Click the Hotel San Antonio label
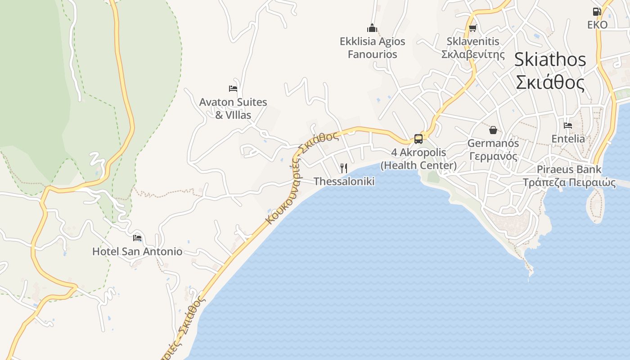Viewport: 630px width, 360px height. pos(137,251)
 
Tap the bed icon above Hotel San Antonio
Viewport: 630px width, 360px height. pos(137,238)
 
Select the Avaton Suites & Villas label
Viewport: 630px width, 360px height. pos(233,108)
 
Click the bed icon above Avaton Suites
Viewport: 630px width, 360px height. pos(233,88)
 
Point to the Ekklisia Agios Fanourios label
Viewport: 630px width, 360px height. pos(372,48)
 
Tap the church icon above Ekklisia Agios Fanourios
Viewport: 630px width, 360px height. pos(372,28)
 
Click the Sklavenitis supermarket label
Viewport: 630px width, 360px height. pos(473,48)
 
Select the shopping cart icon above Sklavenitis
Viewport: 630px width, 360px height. pos(472,28)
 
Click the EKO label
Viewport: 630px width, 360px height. pos(597,25)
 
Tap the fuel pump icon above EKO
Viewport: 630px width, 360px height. pos(597,11)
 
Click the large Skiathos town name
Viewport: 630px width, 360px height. pos(550,59)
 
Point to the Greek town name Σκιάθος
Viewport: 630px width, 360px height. pos(550,83)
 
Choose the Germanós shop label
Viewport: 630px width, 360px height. pos(493,150)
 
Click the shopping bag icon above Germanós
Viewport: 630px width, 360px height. pos(493,130)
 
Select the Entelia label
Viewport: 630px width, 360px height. pos(568,139)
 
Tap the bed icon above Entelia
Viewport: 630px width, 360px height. pos(568,126)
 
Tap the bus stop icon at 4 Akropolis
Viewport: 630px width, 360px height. pos(418,139)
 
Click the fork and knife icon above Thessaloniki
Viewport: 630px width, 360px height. pos(344,168)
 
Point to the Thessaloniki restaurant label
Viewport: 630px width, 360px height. pos(344,181)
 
